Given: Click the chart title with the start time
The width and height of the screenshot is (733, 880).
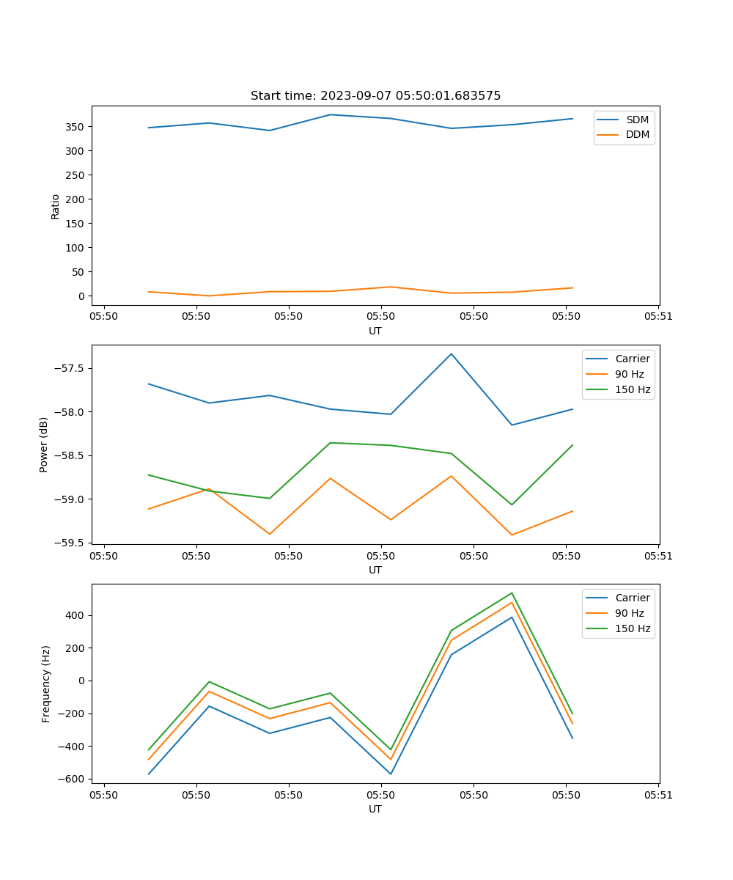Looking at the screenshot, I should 375,96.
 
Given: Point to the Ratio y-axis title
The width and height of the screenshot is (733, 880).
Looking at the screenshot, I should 56,206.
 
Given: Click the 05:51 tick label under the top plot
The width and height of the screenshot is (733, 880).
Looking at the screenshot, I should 658,317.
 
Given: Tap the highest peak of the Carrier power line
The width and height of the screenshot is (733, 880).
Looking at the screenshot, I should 452,354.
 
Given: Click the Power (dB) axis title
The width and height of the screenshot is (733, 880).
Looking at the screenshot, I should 44,444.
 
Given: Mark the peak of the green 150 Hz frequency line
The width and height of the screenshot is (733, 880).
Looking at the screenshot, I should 512,593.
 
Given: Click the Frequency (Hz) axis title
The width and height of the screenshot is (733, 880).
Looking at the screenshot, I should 46,683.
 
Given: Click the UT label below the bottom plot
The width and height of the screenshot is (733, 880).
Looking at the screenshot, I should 375,809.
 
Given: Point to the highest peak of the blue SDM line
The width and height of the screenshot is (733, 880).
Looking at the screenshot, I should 331,114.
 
